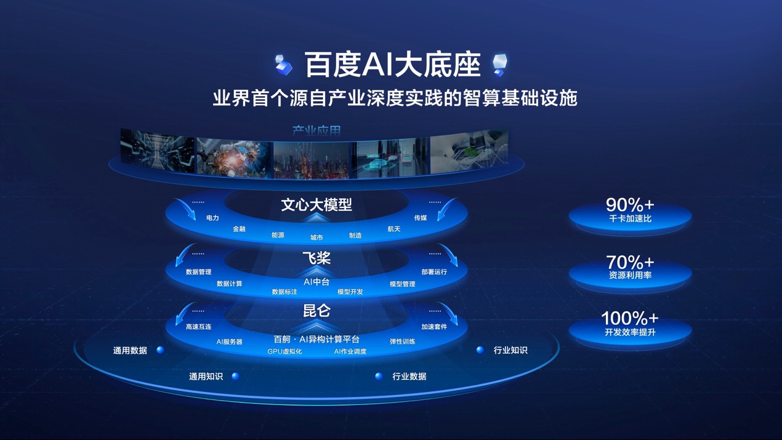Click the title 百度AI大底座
[x=392, y=65]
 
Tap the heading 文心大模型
[x=316, y=204]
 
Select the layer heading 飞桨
[x=316, y=258]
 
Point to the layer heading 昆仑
[x=316, y=311]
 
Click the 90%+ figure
[x=629, y=204]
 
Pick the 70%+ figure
[x=629, y=262]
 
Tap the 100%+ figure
[x=629, y=318]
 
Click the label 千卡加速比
[x=629, y=218]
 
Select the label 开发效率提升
[x=629, y=332]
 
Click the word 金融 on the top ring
[x=239, y=229]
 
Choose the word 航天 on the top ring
[x=394, y=229]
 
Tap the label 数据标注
[x=284, y=292]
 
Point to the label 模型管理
[x=402, y=284]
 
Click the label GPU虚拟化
[x=284, y=351]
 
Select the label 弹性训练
[x=402, y=341]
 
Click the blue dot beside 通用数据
[x=160, y=350]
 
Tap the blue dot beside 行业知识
[x=480, y=350]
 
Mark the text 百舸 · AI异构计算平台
[x=316, y=339]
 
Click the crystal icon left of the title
[x=284, y=65]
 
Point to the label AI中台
[x=316, y=282]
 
